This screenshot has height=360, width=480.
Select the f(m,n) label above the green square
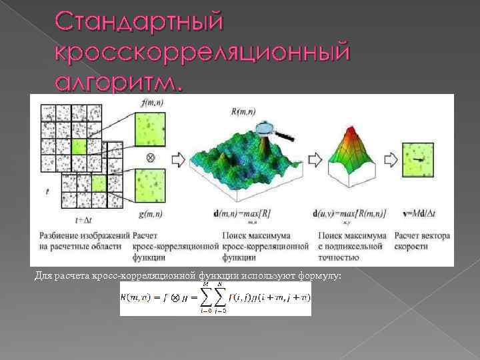click(152, 103)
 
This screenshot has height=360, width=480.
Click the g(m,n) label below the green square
click(152, 214)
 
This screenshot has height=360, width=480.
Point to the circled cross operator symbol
click(151, 159)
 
